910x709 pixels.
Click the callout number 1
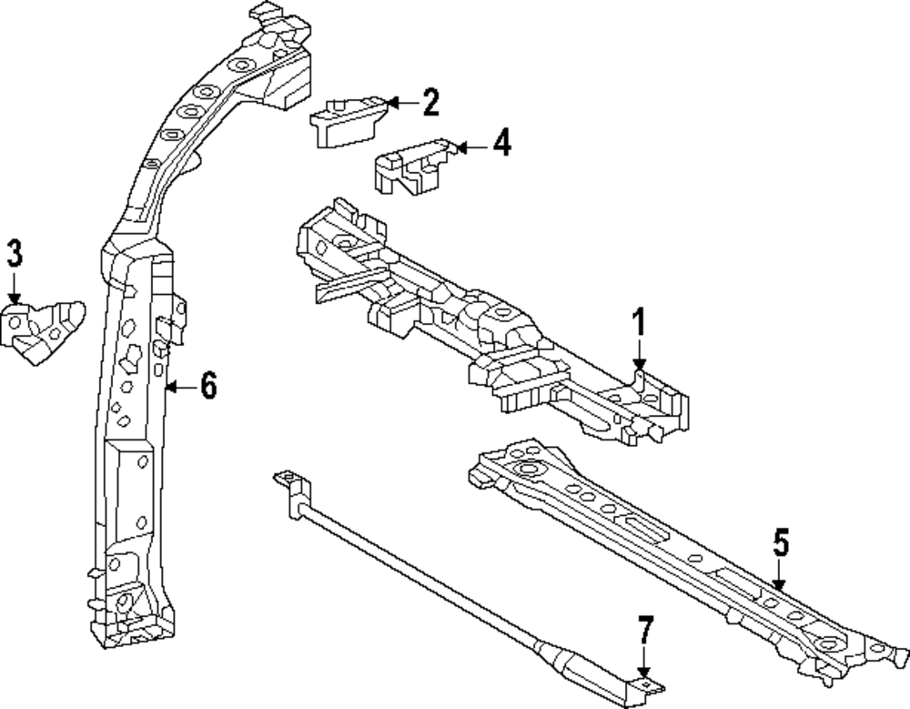tap(639, 324)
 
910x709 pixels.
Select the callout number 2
tap(430, 103)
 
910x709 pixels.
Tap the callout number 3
tap(14, 255)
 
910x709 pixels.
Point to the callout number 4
tap(500, 144)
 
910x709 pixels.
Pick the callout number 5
tap(780, 545)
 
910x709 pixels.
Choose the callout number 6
tap(208, 387)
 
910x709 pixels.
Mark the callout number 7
tap(644, 631)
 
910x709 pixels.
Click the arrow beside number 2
tap(399, 103)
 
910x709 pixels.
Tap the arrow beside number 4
tap(469, 145)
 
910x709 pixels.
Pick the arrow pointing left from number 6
tap(179, 388)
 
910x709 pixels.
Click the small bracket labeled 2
tap(347, 118)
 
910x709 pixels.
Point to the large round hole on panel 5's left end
tap(526, 471)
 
